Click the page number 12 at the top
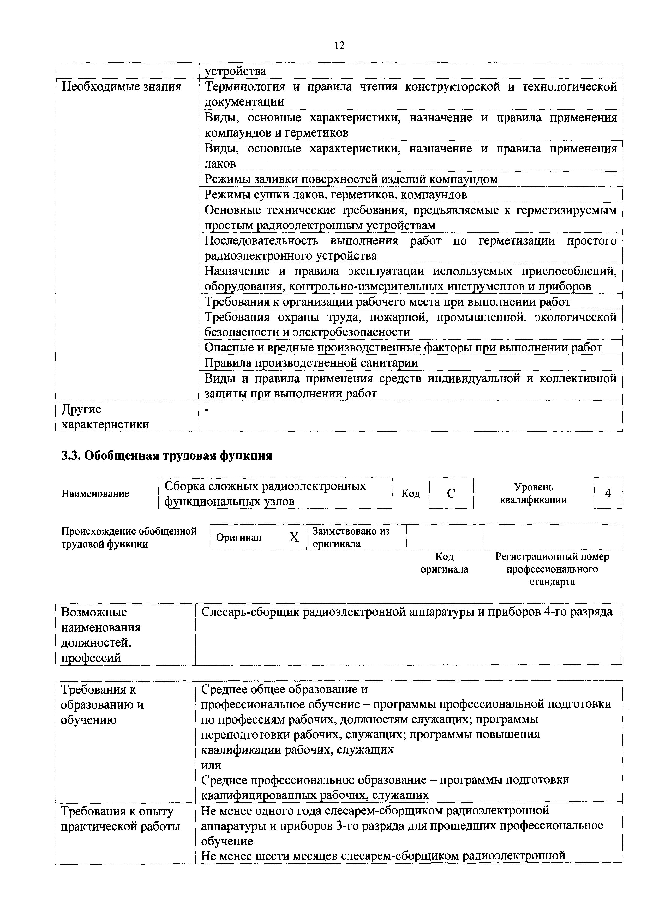click(x=339, y=45)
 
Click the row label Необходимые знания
click(x=121, y=87)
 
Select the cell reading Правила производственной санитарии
click(x=311, y=363)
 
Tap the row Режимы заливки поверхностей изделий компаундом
click(x=351, y=179)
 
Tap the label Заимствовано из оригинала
click(x=351, y=537)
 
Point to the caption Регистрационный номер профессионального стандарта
click(x=552, y=569)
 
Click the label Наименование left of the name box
click(x=95, y=494)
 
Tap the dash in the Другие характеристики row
click(x=206, y=410)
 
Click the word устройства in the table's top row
click(x=235, y=71)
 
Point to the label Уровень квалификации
click(x=534, y=494)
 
